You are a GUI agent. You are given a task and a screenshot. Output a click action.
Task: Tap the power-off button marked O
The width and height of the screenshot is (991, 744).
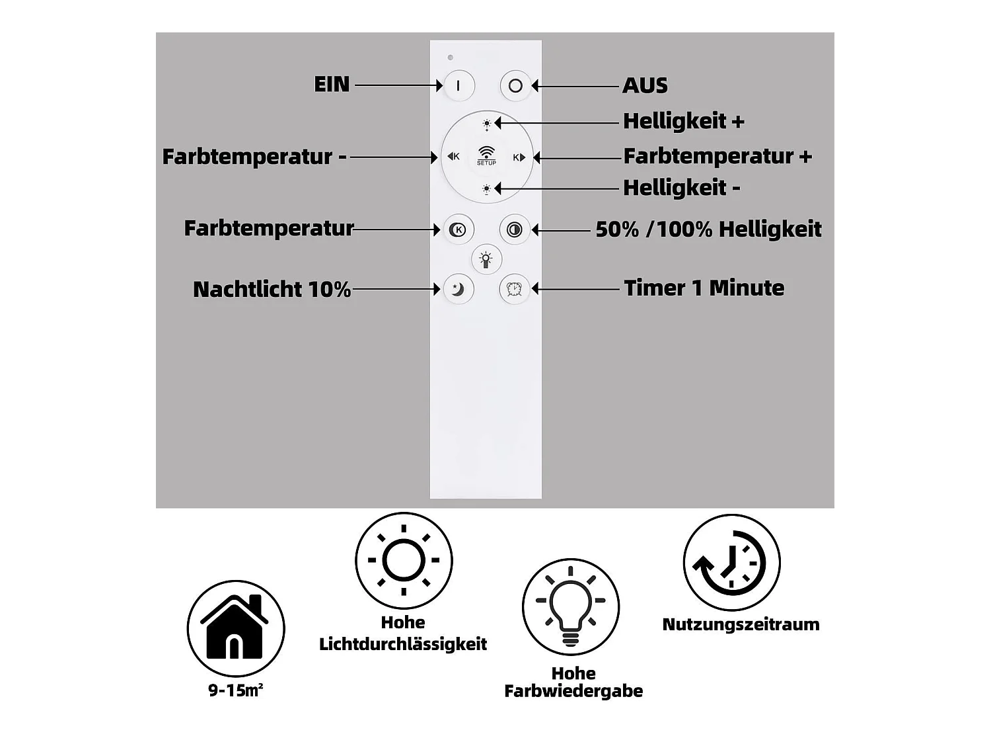(515, 86)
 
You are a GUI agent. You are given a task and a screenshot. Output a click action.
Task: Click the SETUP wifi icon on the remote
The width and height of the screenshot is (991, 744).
(486, 155)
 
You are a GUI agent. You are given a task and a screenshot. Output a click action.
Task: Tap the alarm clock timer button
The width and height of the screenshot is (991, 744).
(514, 289)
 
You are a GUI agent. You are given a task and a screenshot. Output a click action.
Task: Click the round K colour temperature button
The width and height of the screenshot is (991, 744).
(458, 229)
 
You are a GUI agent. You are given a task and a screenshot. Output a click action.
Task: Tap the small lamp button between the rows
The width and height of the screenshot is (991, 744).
(486, 259)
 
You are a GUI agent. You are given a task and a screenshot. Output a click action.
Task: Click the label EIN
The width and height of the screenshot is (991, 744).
(332, 85)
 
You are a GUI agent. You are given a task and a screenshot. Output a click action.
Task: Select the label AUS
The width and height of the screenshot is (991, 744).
(645, 86)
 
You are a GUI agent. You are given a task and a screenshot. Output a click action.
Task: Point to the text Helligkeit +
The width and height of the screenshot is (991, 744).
(683, 122)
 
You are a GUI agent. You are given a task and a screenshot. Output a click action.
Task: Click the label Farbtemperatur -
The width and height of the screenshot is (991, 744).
(254, 157)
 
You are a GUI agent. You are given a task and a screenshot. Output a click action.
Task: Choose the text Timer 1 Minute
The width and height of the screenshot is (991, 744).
(704, 288)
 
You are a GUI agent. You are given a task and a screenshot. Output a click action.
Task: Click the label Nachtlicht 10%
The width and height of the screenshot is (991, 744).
(272, 290)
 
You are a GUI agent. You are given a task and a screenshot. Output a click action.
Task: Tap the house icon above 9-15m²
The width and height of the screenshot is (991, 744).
(236, 628)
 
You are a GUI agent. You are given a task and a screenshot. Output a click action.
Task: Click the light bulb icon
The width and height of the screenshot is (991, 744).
(571, 606)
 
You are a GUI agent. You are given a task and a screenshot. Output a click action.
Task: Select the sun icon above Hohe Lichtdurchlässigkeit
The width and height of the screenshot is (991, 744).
(404, 560)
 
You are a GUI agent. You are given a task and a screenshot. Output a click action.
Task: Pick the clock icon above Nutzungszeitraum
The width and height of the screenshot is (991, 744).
(731, 563)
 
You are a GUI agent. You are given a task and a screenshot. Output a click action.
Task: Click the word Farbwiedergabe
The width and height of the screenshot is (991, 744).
(573, 691)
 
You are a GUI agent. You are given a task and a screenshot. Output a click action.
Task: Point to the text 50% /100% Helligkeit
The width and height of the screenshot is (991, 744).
(708, 229)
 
